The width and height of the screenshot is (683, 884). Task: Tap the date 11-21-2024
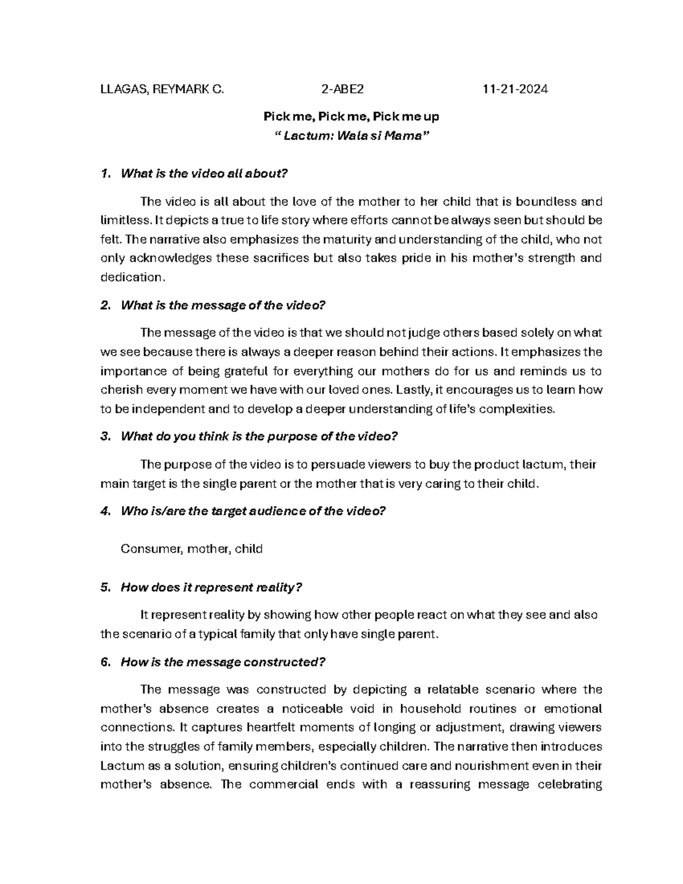click(515, 89)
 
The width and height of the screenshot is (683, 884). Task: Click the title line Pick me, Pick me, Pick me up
click(351, 117)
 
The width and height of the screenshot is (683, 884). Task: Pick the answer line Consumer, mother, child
click(191, 549)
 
